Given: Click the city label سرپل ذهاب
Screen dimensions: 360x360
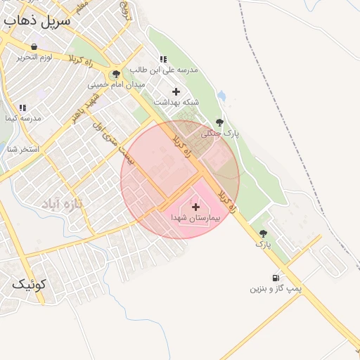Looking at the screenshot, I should (37, 20).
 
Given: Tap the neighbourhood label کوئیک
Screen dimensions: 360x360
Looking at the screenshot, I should (29, 285).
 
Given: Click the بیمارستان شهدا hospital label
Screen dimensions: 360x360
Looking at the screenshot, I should (196, 219).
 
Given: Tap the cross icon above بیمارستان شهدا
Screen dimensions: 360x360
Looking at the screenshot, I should (195, 207).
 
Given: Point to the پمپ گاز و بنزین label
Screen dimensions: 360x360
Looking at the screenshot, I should (276, 288).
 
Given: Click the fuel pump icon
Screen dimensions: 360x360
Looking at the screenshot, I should (275, 277).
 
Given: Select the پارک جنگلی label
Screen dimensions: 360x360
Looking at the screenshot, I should (220, 133).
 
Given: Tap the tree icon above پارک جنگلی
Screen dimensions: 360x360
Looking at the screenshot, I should (220, 122).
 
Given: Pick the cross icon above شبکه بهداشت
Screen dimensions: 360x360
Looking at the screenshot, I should (176, 91).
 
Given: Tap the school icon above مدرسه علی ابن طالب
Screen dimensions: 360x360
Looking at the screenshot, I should (163, 59).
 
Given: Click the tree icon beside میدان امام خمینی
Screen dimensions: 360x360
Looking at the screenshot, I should (116, 73).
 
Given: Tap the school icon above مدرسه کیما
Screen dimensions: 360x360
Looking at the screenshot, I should (22, 108).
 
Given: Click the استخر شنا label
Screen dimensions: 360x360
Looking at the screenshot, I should (22, 149).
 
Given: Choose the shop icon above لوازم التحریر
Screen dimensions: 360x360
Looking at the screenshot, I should (34, 46).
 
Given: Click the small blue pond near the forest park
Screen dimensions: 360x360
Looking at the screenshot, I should (222, 95).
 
